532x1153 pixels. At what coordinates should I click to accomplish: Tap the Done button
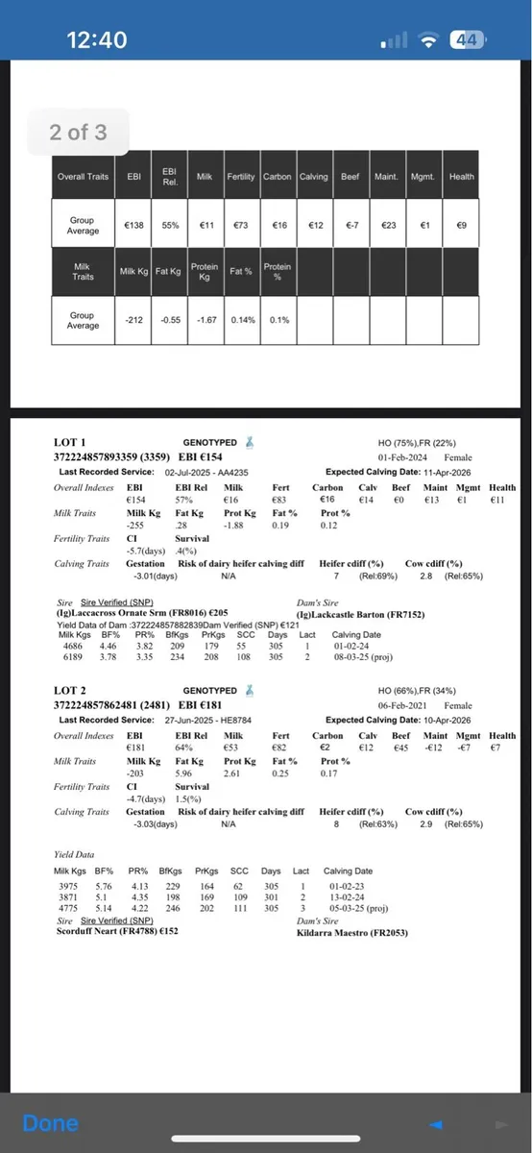(50, 1123)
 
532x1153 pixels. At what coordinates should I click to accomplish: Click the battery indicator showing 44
(468, 39)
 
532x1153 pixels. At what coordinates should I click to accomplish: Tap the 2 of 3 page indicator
(79, 133)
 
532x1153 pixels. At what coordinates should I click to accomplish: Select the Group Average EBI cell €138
(134, 225)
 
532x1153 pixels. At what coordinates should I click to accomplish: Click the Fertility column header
(240, 177)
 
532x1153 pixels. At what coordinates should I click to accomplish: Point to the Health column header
(461, 177)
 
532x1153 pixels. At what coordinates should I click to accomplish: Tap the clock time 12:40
(96, 39)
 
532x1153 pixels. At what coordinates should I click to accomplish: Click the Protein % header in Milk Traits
(278, 272)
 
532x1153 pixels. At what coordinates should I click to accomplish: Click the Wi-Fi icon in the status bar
(430, 39)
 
